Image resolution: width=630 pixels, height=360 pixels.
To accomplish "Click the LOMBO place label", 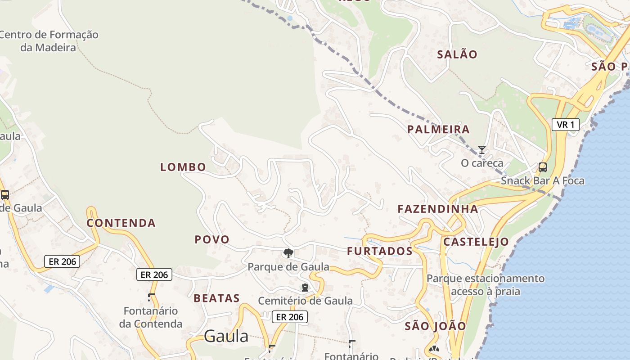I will point(183,167).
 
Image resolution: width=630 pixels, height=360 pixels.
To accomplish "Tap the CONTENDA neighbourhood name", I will point(121,223).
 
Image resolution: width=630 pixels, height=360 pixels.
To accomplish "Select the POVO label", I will point(212,239).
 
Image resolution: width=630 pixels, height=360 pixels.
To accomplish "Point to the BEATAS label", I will point(217,298).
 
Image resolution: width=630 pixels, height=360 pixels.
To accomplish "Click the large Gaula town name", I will point(226,336).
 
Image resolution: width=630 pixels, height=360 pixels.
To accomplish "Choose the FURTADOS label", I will point(380,251).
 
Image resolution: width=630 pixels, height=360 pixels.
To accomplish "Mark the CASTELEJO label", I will point(476,242).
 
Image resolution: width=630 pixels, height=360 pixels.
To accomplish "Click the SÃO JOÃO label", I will point(436,326).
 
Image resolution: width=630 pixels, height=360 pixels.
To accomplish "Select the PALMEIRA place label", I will point(438,130).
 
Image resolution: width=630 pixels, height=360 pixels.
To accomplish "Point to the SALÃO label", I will point(457,54).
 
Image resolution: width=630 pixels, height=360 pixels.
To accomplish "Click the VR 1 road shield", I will point(566,125).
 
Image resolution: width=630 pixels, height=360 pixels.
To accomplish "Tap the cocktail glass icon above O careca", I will point(482,150).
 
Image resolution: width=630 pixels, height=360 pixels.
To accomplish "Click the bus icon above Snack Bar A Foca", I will point(543,167).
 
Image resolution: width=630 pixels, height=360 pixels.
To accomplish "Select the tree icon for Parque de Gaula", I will point(288,253).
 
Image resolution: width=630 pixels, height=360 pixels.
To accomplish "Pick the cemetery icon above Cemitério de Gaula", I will point(305,288).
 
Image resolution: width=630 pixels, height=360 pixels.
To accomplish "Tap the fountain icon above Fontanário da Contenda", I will point(151,297).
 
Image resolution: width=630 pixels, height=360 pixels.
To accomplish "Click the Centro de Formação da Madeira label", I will point(48,41).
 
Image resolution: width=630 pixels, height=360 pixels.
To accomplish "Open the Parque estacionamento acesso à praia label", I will point(486,285).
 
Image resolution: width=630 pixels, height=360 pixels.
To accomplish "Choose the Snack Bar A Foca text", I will point(543,181).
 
